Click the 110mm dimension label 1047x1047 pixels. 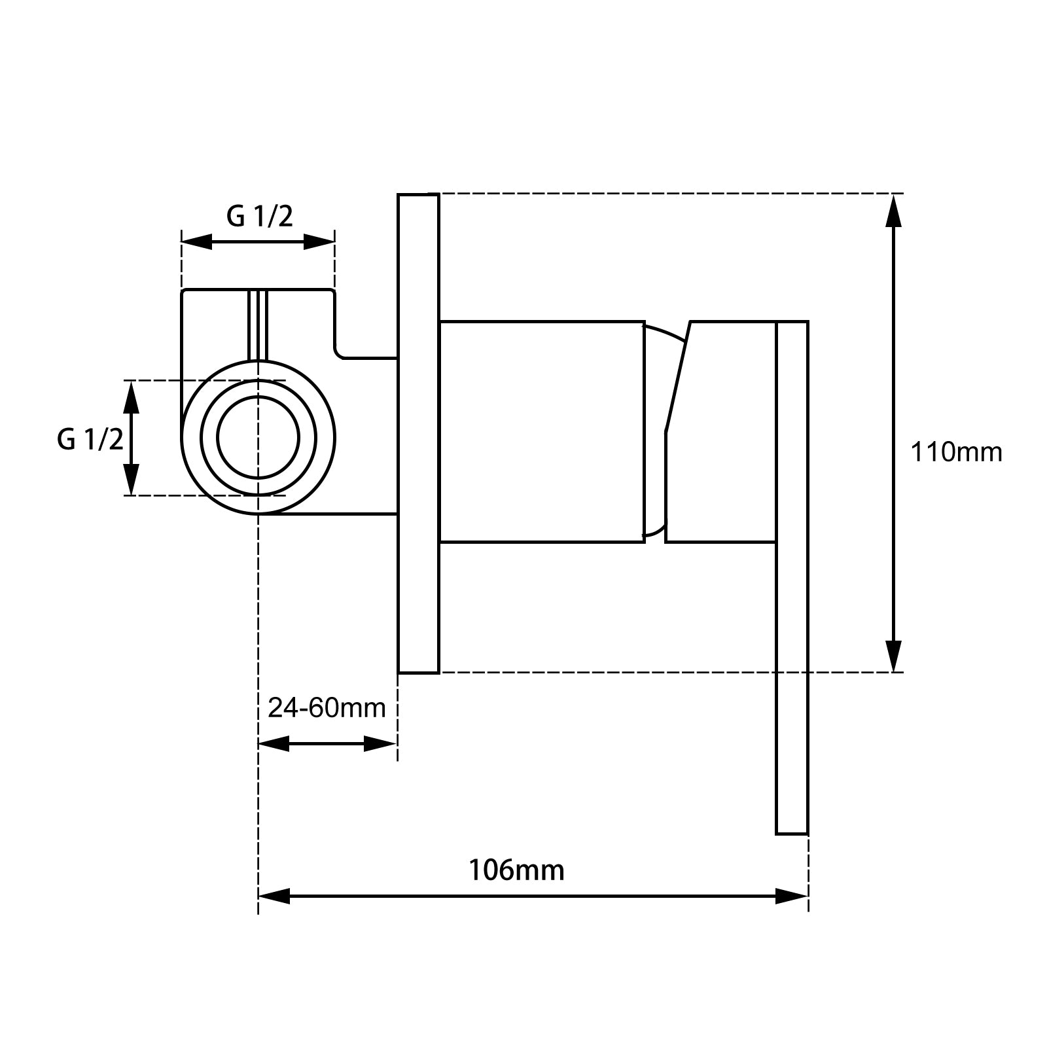(956, 452)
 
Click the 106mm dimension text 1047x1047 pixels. (516, 870)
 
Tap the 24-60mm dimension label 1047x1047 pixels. (327, 707)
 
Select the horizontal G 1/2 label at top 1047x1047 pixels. (260, 216)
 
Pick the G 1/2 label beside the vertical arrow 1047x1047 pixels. (90, 439)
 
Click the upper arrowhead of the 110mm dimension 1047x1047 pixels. (893, 209)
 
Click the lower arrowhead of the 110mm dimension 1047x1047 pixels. (893, 656)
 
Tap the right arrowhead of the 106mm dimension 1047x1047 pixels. (792, 896)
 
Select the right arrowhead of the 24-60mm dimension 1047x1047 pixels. (380, 743)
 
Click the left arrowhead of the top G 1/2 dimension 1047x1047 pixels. (196, 241)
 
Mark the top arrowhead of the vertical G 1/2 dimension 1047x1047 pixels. (132, 397)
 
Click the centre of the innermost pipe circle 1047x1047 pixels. (258, 437)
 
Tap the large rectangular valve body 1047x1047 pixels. (542, 432)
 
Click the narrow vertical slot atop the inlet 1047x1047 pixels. (258, 325)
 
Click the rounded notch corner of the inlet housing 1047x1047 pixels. (340, 354)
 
